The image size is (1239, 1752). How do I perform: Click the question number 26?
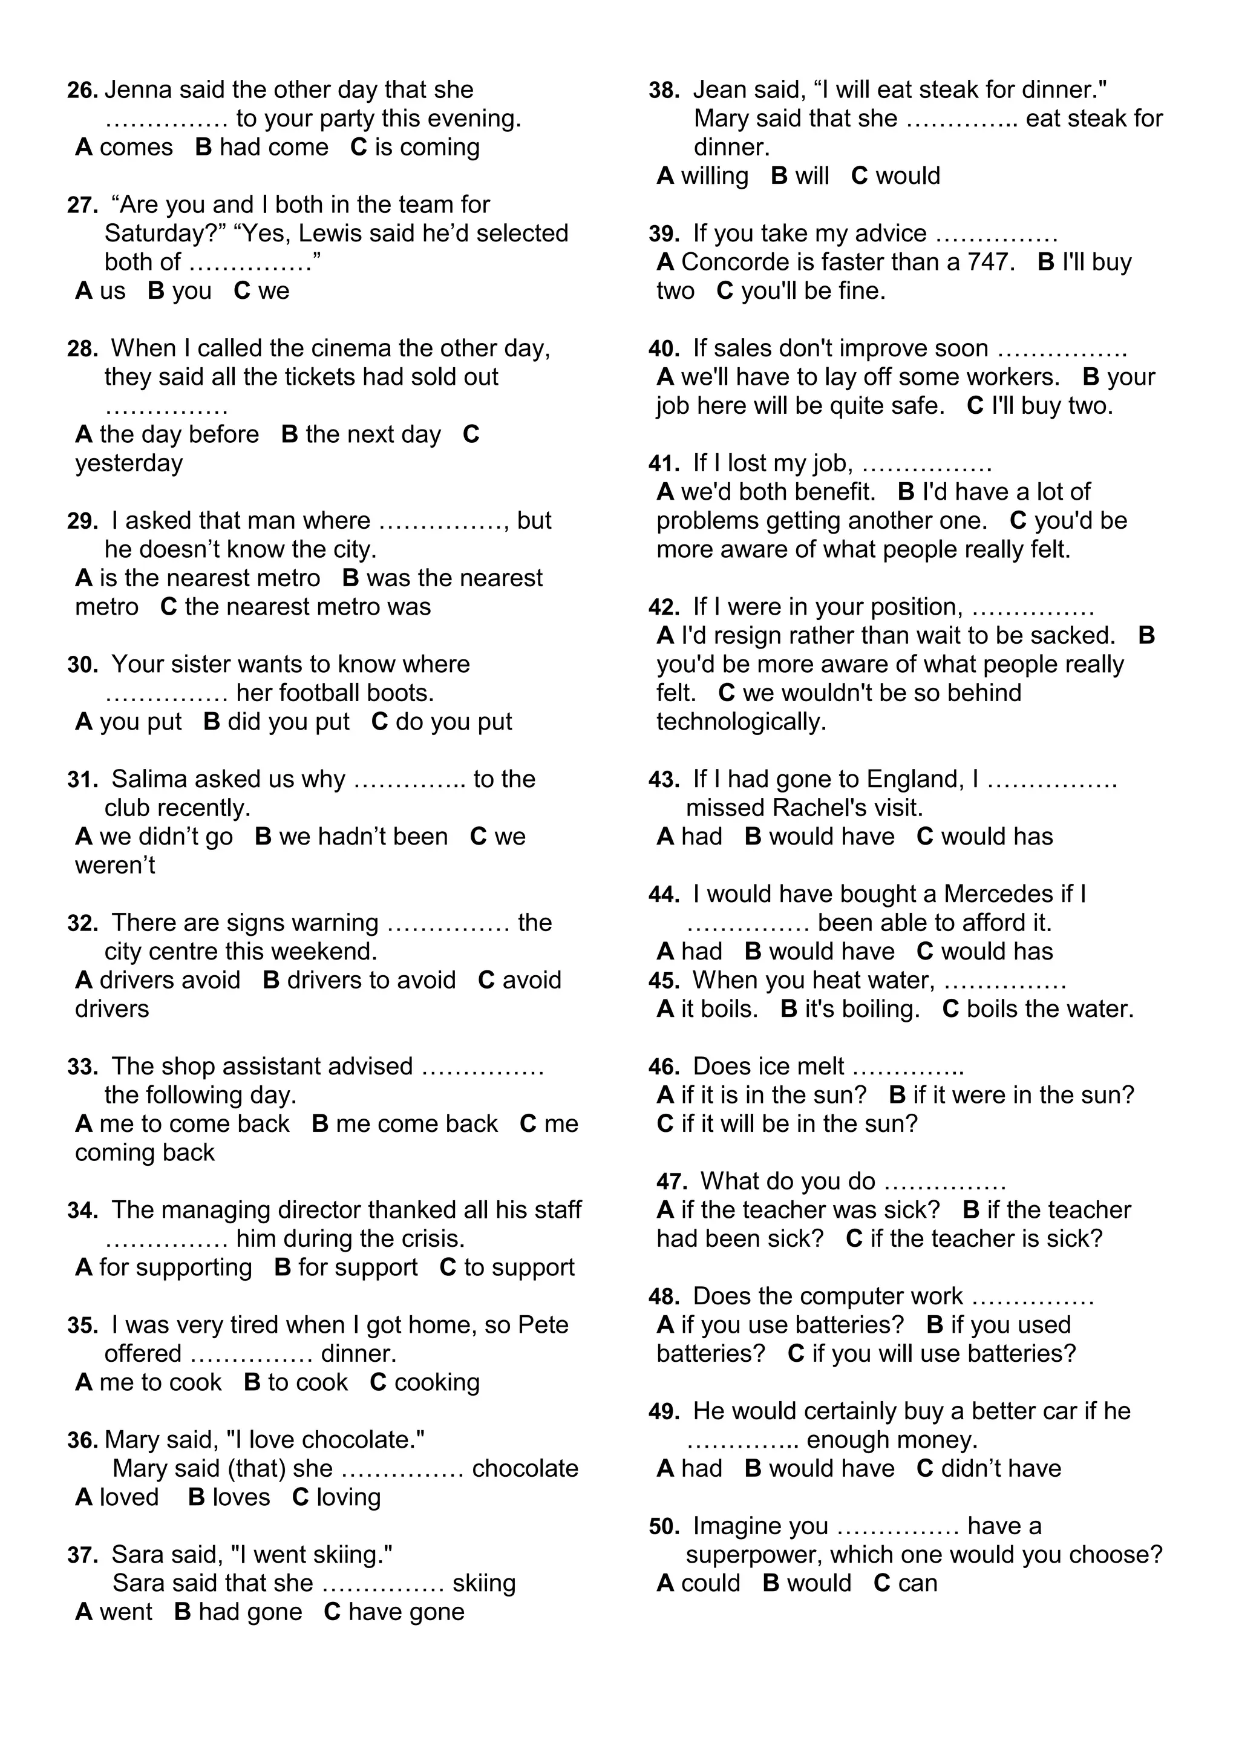click(x=82, y=91)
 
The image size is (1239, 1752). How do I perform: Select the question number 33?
click(x=82, y=1067)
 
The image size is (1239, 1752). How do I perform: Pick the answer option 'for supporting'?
click(x=175, y=1267)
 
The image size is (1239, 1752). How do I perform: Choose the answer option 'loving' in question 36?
click(x=348, y=1497)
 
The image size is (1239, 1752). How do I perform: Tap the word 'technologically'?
click(x=741, y=722)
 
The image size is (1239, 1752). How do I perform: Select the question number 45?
click(x=663, y=981)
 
